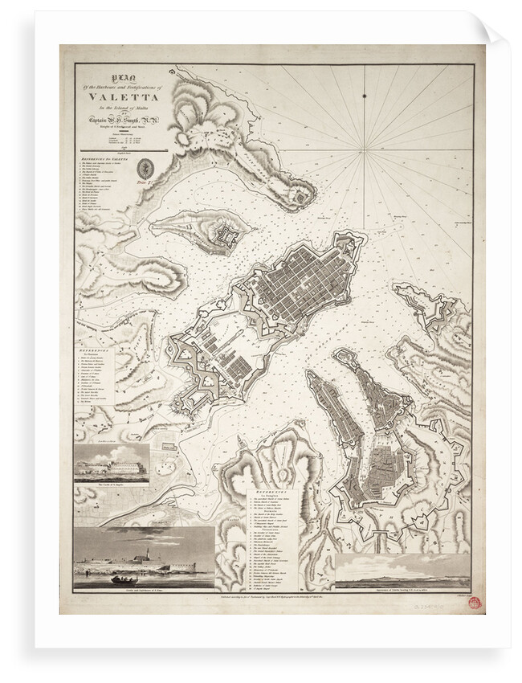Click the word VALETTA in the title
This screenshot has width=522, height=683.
pos(120,100)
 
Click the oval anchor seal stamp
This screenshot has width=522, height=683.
pos(145,170)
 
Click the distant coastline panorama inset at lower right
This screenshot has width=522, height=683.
pos(402,571)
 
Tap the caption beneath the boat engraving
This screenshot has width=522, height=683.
pos(145,591)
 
